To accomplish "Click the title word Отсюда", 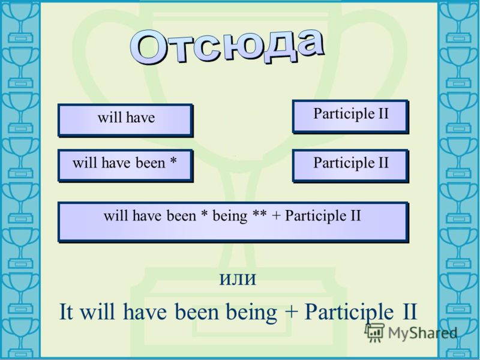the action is click(x=227, y=47).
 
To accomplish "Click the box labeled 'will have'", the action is click(x=125, y=121).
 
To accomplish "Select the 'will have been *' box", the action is click(x=125, y=166).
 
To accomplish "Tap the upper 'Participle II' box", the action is click(x=351, y=117).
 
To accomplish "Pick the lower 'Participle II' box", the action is click(x=351, y=166).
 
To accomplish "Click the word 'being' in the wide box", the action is click(x=230, y=217).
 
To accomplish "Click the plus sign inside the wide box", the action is click(x=276, y=216).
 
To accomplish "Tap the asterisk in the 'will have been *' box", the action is click(x=173, y=162).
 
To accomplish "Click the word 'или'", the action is click(x=238, y=280).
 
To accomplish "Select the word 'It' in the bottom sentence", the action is click(x=66, y=311).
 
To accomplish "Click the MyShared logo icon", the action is click(x=374, y=332).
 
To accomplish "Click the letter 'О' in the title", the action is click(x=149, y=48).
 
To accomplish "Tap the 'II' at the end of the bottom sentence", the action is click(x=409, y=311).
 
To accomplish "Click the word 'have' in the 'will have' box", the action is click(x=140, y=117).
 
